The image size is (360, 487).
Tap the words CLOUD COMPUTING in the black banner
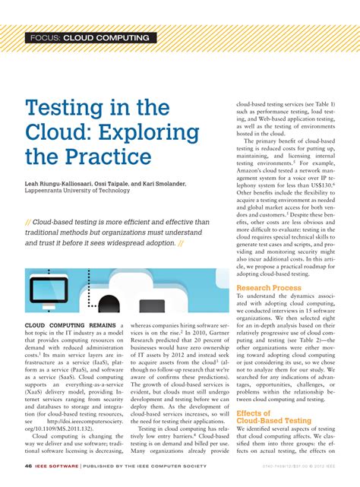pyautogui.click(x=106, y=38)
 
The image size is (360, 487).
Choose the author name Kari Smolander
pyautogui.click(x=184, y=185)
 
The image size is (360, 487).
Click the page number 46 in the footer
pyautogui.click(x=27, y=466)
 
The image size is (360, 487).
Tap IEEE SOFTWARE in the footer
pyautogui.click(x=53, y=466)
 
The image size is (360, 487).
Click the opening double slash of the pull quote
pyautogui.click(x=28, y=222)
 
